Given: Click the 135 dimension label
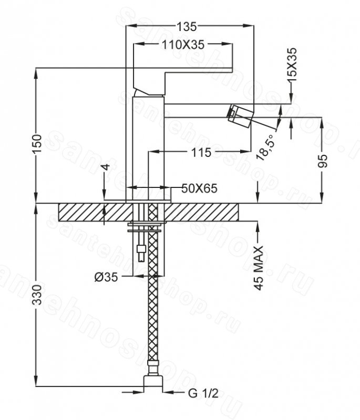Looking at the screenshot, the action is point(187,27).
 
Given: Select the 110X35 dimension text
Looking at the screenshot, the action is point(183,45).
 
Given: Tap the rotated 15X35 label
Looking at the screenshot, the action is point(292,65).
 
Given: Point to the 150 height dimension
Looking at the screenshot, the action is point(37,144).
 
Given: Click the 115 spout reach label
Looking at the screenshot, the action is point(201,152).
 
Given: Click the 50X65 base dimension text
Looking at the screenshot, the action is point(199,188).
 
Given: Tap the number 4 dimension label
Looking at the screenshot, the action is point(106,167).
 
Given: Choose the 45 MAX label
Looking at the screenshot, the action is point(259,268).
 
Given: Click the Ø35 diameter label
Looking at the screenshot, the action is point(106,278).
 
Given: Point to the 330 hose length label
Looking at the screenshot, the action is point(37,295).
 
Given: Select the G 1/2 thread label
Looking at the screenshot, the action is point(203,393).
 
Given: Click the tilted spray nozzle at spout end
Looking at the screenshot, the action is point(240,115).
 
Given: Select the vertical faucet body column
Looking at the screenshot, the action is point(148,149).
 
